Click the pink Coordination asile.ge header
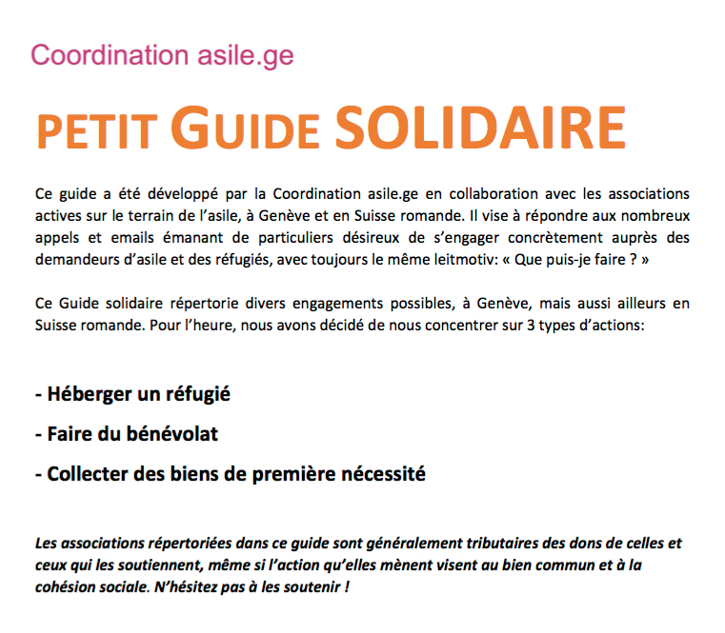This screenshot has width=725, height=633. point(162,54)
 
